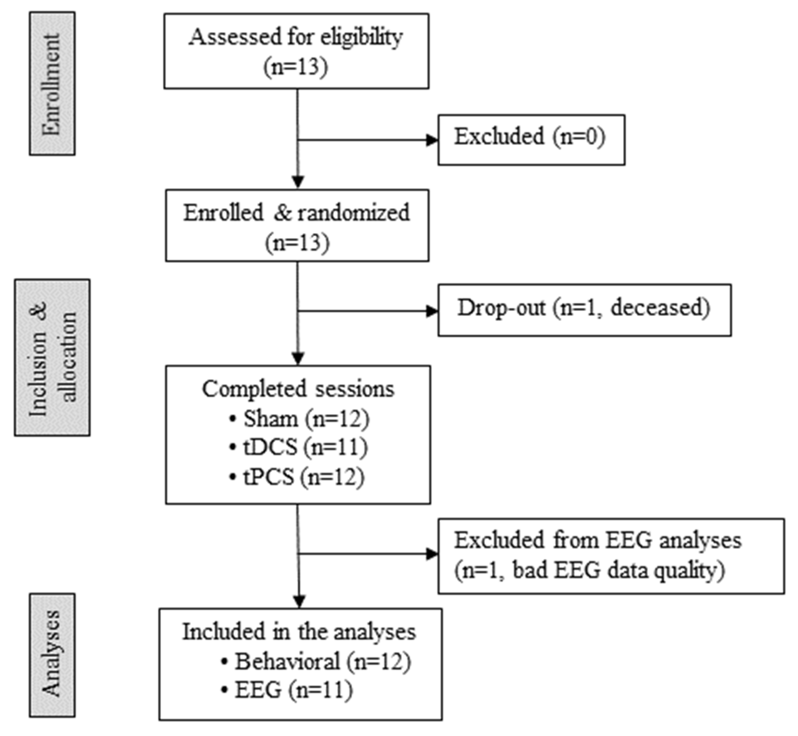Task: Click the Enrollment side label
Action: (x=52, y=84)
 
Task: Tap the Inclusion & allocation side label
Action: (x=52, y=357)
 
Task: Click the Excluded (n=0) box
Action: (x=531, y=140)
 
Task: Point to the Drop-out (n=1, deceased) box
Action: (x=584, y=310)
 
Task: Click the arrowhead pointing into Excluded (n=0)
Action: (x=432, y=140)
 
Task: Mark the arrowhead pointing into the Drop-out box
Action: (x=432, y=311)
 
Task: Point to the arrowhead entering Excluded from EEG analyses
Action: (x=432, y=554)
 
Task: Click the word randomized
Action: (x=354, y=213)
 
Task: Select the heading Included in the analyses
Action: (x=299, y=632)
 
